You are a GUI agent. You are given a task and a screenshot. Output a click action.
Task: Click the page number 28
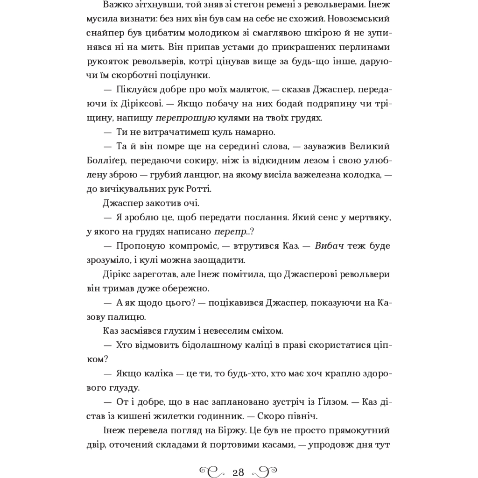pyautogui.click(x=238, y=471)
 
